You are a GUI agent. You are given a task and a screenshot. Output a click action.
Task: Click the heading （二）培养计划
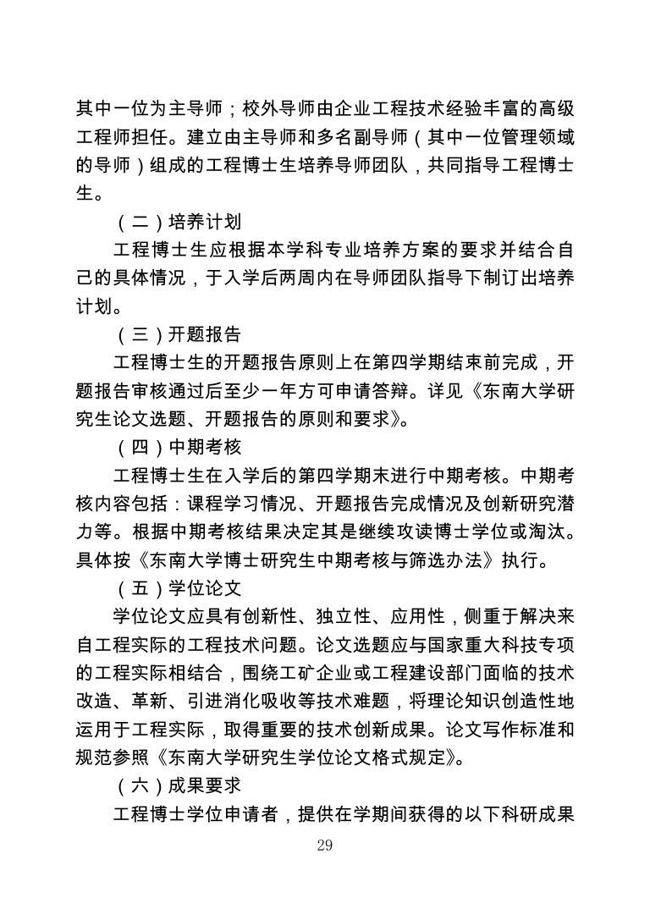[x=179, y=223]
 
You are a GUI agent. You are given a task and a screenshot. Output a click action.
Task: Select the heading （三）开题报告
[x=179, y=334]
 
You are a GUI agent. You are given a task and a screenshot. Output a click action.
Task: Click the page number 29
[x=324, y=846]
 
